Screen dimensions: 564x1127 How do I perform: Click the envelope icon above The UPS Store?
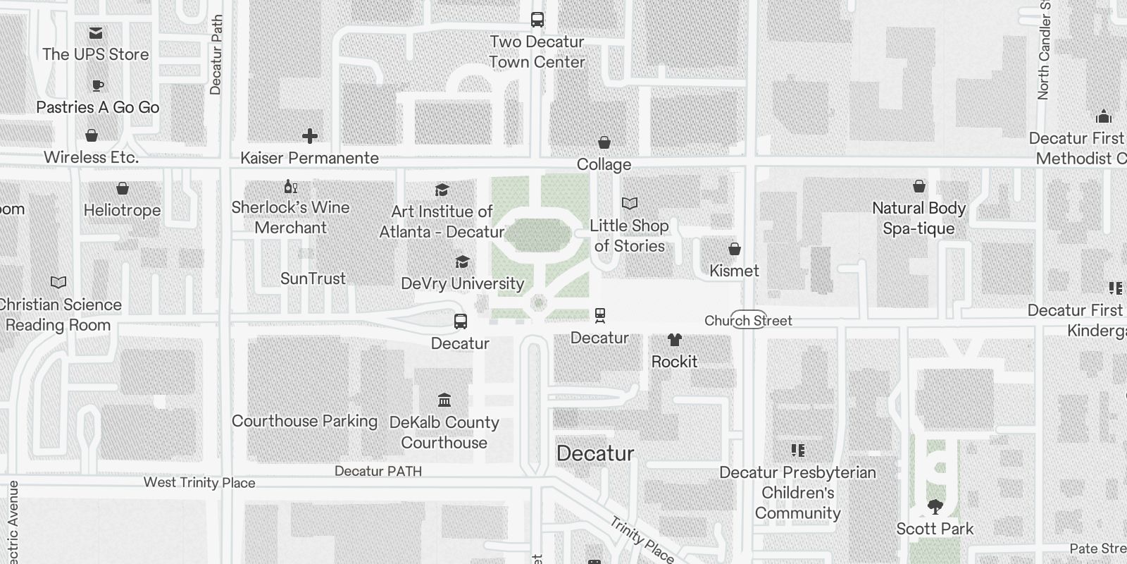coord(96,33)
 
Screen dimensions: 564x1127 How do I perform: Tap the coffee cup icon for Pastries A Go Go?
coord(98,86)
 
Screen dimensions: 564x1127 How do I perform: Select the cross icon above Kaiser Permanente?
coord(309,136)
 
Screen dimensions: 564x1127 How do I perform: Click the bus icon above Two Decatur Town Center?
coord(537,20)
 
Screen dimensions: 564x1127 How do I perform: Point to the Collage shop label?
coord(604,164)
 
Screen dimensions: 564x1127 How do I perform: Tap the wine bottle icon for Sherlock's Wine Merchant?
coord(290,187)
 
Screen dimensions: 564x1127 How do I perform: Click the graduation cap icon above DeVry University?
coord(462,262)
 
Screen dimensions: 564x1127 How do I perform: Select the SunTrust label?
coord(313,278)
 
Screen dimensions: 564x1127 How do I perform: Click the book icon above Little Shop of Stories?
coord(629,204)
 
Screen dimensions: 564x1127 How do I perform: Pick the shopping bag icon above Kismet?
coord(734,249)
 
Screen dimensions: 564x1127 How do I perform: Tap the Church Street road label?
coord(748,321)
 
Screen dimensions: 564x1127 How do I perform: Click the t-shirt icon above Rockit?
coord(674,341)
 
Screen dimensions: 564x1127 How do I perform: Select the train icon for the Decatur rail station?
coord(599,315)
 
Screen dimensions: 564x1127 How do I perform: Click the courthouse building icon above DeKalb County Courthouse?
coord(444,400)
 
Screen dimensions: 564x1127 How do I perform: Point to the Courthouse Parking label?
coord(304,421)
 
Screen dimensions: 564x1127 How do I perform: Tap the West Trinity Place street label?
coord(199,483)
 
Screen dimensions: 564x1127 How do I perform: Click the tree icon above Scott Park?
coord(935,506)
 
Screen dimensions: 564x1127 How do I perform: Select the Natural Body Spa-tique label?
coord(919,218)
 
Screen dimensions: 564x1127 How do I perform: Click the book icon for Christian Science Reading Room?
coord(58,283)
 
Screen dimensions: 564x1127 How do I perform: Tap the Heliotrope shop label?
coord(122,210)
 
